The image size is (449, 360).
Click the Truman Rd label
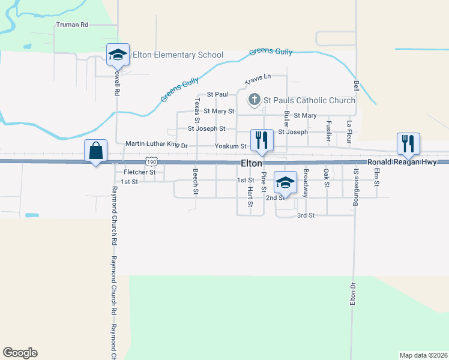72,25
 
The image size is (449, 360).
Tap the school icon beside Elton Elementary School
118,55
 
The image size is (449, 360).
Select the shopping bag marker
96,151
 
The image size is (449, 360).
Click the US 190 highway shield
151,163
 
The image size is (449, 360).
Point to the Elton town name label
252,163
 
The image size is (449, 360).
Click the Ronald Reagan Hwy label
408,162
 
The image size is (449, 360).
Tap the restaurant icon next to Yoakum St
262,140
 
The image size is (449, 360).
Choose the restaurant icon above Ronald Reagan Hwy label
408,143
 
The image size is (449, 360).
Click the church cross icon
254,100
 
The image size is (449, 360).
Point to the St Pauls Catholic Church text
310,100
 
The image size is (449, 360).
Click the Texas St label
196,109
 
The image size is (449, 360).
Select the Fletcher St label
139,172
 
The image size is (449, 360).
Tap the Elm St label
377,178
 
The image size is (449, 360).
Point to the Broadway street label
306,184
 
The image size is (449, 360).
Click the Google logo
20,353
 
